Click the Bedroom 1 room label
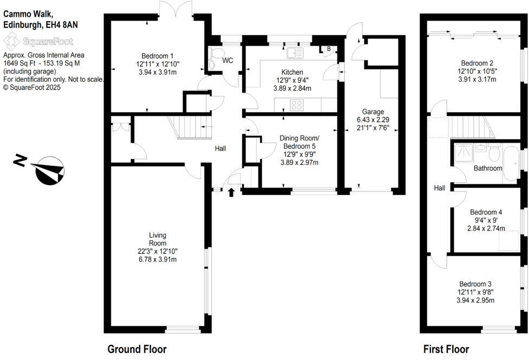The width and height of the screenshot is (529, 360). pos(157,56)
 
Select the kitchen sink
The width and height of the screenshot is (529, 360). pos(295,53)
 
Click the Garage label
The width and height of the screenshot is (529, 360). pos(373,112)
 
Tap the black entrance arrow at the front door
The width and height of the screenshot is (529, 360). pos(232,192)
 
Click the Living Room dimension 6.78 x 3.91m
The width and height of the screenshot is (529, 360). pos(157,259)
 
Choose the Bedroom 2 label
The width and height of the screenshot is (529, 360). pos(476,62)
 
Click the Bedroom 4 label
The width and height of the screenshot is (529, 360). pos(486,212)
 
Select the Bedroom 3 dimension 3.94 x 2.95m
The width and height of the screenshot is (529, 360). pos(475,300)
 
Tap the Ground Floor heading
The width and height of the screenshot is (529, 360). pos(137,349)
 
